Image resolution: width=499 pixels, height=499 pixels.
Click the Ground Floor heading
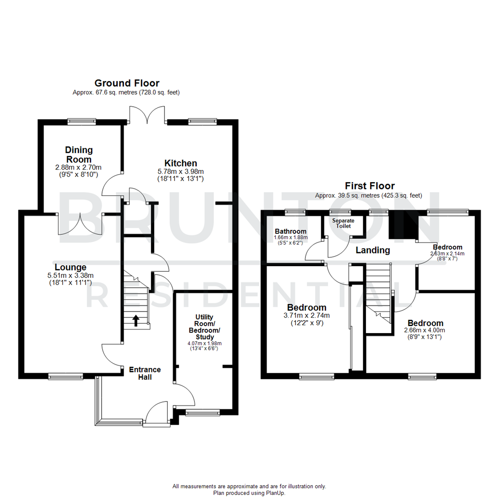point(127,83)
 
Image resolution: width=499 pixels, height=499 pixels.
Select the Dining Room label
point(79,154)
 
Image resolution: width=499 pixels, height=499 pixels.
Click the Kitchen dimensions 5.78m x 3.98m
point(181,171)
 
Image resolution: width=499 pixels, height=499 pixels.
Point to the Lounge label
point(70,267)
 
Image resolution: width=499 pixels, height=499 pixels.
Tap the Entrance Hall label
point(145,373)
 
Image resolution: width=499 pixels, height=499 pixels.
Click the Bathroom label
point(291,231)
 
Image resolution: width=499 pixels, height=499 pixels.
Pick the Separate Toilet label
point(343,223)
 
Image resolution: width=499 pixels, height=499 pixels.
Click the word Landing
point(373,250)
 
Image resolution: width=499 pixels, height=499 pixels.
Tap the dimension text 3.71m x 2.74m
point(307,316)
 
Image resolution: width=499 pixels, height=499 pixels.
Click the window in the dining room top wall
point(82,122)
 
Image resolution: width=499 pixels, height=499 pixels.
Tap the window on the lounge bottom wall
point(66,377)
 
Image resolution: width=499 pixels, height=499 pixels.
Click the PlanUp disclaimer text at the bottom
point(249,489)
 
